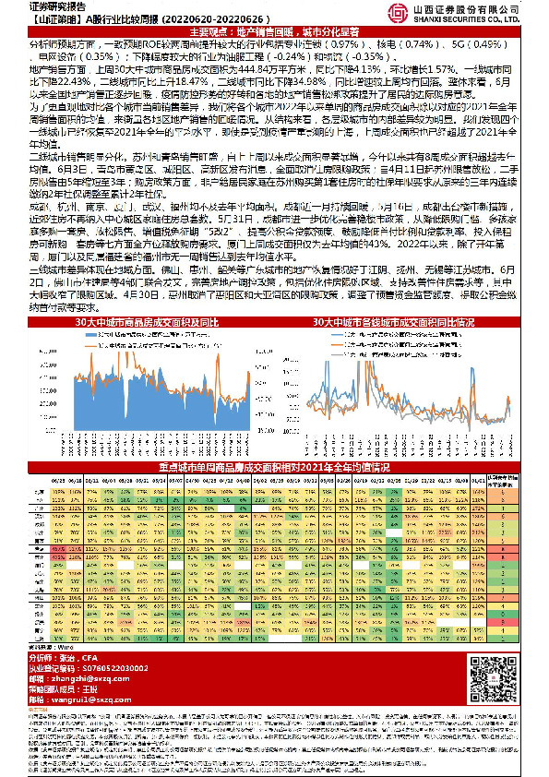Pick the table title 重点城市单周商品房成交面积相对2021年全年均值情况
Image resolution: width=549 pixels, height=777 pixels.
click(274, 468)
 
